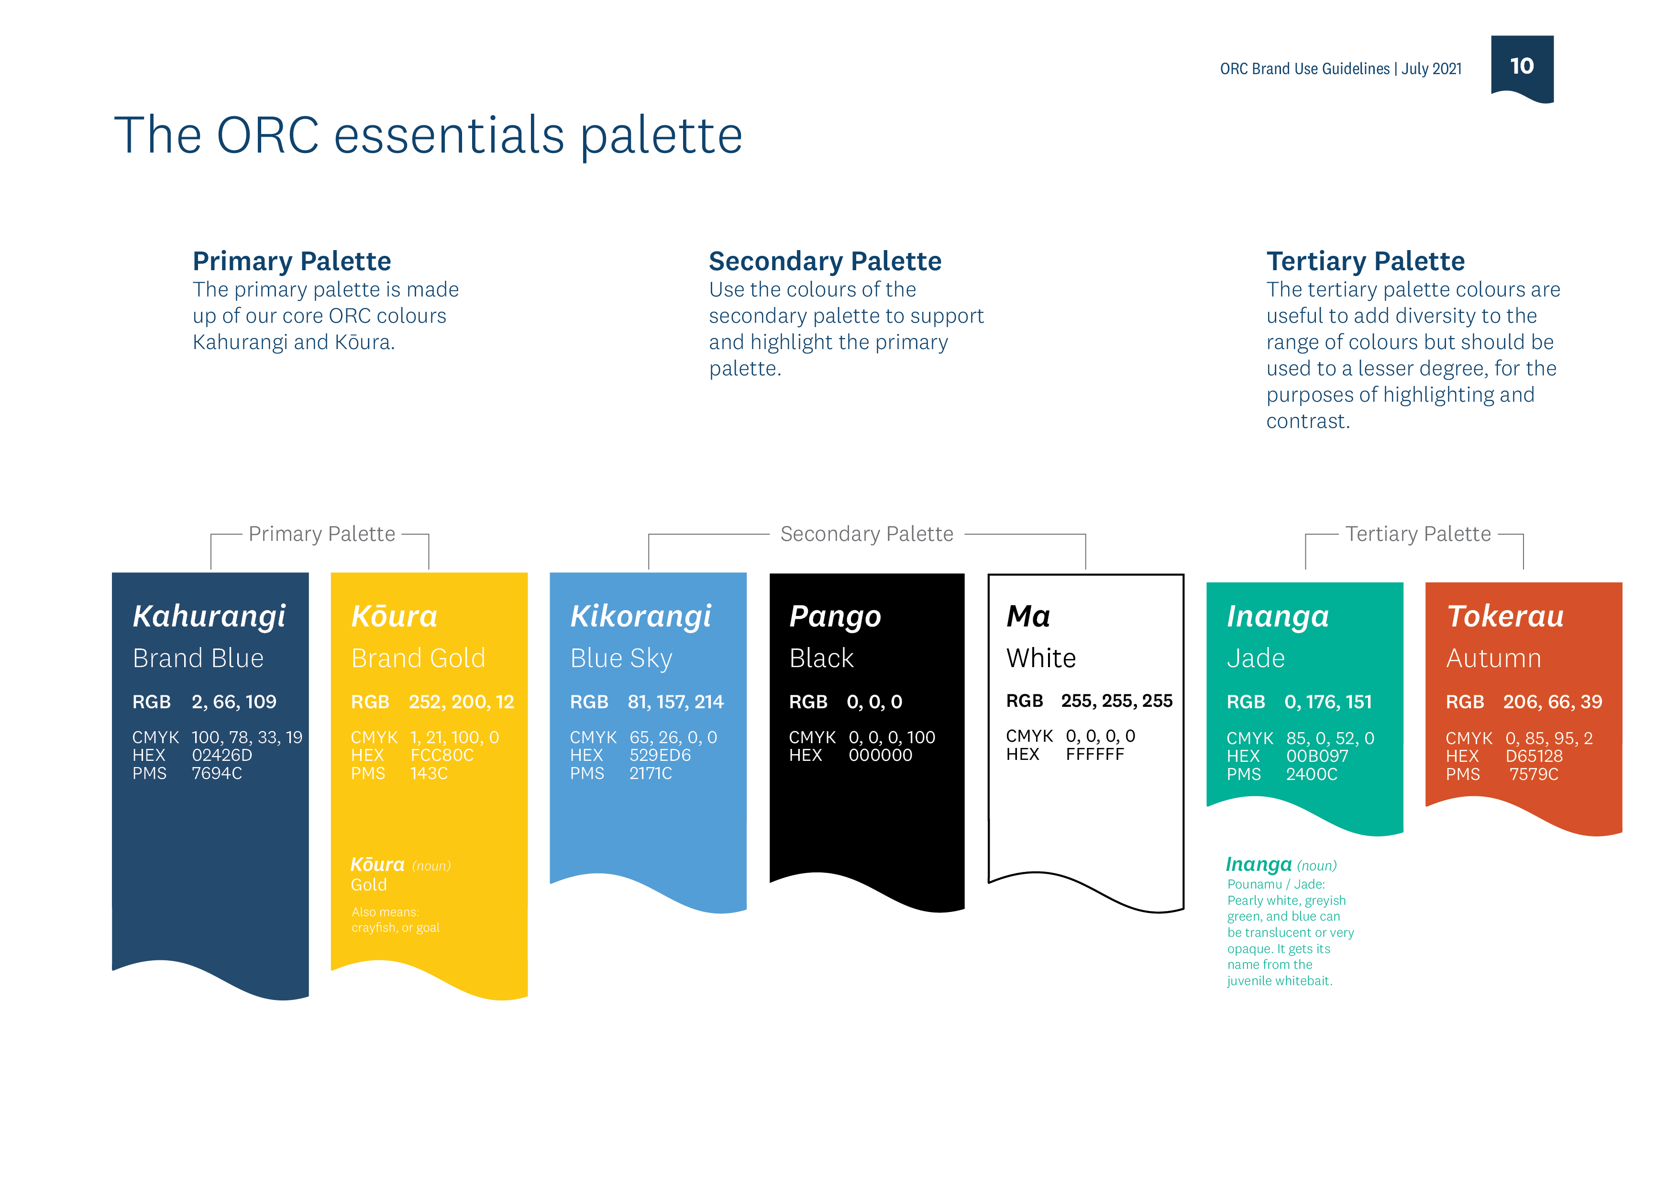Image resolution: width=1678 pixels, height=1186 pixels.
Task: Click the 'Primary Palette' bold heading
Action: pyautogui.click(x=292, y=261)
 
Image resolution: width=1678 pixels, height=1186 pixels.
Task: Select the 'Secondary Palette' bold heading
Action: pyautogui.click(x=824, y=261)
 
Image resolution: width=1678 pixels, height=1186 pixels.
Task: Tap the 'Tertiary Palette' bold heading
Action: pyautogui.click(x=1365, y=261)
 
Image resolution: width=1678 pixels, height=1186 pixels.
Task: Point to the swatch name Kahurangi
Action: pyautogui.click(x=209, y=616)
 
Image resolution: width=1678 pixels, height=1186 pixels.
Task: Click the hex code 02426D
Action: pyautogui.click(x=221, y=755)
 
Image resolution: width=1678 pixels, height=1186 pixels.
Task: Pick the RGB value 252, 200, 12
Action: pyautogui.click(x=461, y=702)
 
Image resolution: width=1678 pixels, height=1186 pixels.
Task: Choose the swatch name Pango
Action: pyautogui.click(x=835, y=616)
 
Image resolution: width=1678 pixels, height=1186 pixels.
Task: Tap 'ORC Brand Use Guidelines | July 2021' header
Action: pyautogui.click(x=1340, y=69)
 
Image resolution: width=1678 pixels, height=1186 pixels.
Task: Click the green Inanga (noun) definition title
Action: pyautogui.click(x=1281, y=865)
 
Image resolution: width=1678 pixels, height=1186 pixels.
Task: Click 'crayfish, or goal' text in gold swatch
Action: pyautogui.click(x=396, y=927)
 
